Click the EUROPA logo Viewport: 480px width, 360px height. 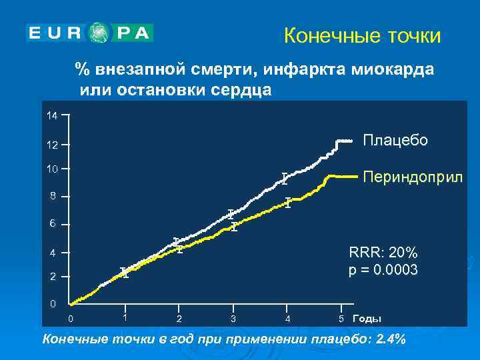coord(89,33)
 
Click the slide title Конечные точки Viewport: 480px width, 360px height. coord(362,35)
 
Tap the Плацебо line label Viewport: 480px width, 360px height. coord(395,140)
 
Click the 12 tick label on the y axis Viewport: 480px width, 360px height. coord(51,145)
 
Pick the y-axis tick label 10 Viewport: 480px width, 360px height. coord(51,169)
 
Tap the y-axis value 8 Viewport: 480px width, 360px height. coord(51,197)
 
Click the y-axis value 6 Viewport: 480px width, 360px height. coord(51,224)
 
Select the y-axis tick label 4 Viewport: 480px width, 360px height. coord(51,253)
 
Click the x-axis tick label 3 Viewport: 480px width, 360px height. coord(233,319)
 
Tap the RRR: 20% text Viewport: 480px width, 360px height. coord(383,253)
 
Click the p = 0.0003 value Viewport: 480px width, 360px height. coord(383,270)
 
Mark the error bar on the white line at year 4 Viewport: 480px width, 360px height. coord(284,178)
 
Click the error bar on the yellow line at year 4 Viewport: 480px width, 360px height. coord(287,203)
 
